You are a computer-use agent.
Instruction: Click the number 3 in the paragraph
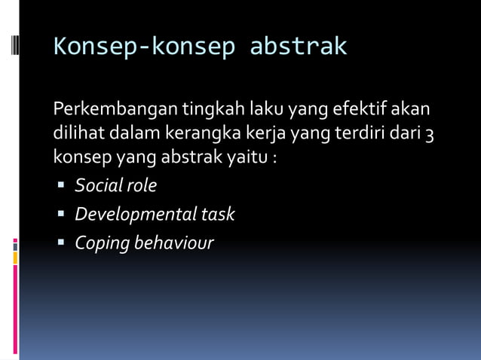[428, 135]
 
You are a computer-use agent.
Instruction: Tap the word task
[218, 215]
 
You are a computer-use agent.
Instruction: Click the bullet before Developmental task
[60, 215]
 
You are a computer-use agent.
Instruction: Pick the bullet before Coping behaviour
[60, 243]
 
